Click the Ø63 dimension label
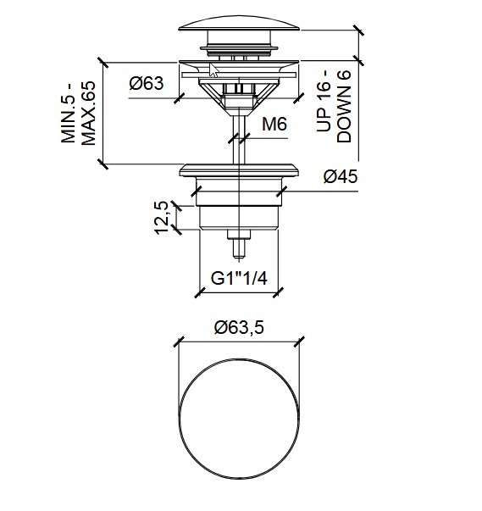coord(147,83)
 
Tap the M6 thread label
coord(274,125)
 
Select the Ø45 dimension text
coord(340,177)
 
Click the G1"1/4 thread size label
coord(239,277)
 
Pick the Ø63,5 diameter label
coord(240,327)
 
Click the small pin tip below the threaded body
coord(240,248)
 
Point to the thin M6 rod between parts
coord(240,140)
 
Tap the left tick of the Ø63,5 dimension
coord(178,342)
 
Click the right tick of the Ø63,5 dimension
coord(301,342)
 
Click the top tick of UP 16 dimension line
coord(361,31)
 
